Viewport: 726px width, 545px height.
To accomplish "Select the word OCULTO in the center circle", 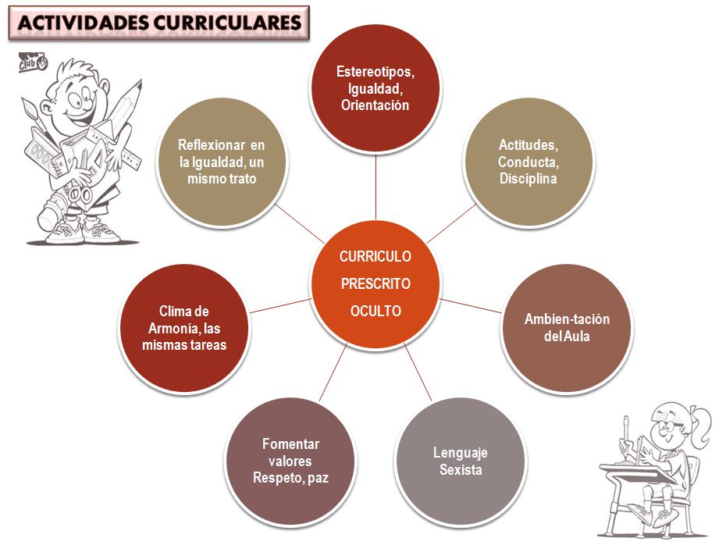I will point(375,311).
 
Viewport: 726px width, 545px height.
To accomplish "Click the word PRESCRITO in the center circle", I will point(375,283).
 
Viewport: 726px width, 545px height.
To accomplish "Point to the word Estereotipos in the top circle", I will point(375,72).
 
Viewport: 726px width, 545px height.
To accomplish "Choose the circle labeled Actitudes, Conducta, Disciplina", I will point(528,163).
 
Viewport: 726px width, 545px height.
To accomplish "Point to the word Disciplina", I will point(528,179).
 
